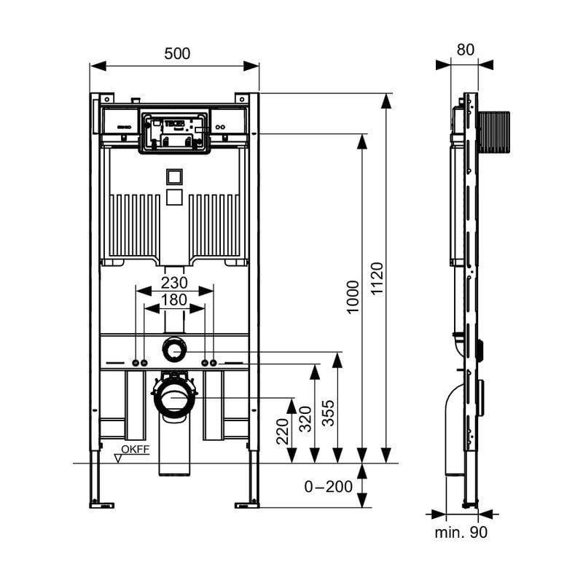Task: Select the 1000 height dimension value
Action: (353, 297)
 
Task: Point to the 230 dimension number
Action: (174, 282)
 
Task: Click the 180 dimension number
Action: (174, 300)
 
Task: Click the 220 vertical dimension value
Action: (283, 431)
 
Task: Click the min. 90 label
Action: (461, 533)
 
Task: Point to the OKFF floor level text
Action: (135, 450)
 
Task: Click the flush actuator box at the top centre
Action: (175, 132)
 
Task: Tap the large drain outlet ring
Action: (175, 398)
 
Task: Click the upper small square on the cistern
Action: (174, 176)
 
